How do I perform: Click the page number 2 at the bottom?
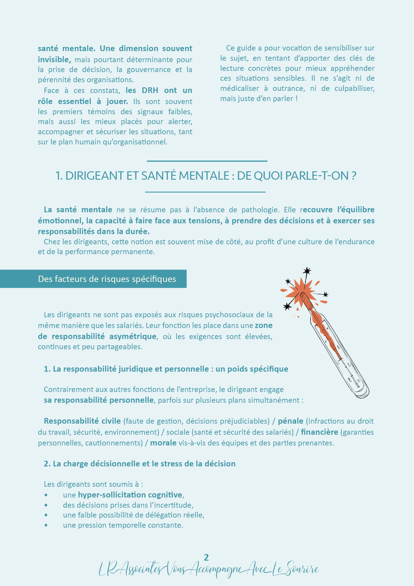coord(206,557)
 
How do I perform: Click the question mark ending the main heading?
coord(354,176)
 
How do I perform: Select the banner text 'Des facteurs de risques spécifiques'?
coord(107,279)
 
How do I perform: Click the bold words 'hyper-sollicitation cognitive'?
coord(130,495)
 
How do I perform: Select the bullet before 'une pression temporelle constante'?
coord(46,525)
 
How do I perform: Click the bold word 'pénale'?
coord(290,421)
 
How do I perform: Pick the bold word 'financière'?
coord(319,432)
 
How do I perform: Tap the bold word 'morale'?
coord(163,443)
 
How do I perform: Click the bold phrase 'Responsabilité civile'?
coord(82,421)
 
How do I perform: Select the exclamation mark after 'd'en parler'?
coord(296,99)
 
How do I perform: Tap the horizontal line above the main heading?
coord(207,161)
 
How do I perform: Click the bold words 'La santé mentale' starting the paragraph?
coord(78,210)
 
